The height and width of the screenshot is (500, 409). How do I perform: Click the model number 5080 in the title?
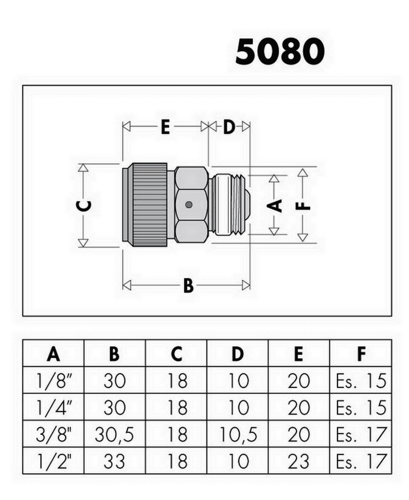point(280,52)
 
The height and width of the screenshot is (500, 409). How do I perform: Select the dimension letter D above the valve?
point(229,127)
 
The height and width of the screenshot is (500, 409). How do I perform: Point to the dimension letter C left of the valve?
point(84,205)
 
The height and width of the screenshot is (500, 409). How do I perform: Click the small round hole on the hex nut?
point(189,205)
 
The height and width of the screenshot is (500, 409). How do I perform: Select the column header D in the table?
point(238,354)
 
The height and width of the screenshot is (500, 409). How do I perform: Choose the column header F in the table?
point(361,354)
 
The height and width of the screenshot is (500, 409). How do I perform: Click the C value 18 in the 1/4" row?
point(177,408)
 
